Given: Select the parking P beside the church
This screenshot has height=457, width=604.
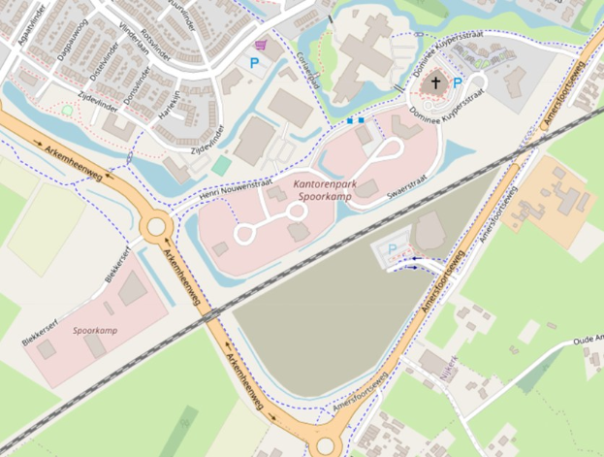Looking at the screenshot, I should click(x=458, y=83).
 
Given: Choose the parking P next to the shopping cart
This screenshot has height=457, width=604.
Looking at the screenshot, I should click(x=255, y=62).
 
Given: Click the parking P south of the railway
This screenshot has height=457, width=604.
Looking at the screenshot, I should click(x=393, y=249).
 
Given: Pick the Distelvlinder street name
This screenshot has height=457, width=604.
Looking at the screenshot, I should click(x=103, y=65).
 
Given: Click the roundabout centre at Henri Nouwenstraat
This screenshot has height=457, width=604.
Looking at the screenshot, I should click(x=155, y=229).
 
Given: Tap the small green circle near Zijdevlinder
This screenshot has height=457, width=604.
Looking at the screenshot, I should click(x=67, y=111).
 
